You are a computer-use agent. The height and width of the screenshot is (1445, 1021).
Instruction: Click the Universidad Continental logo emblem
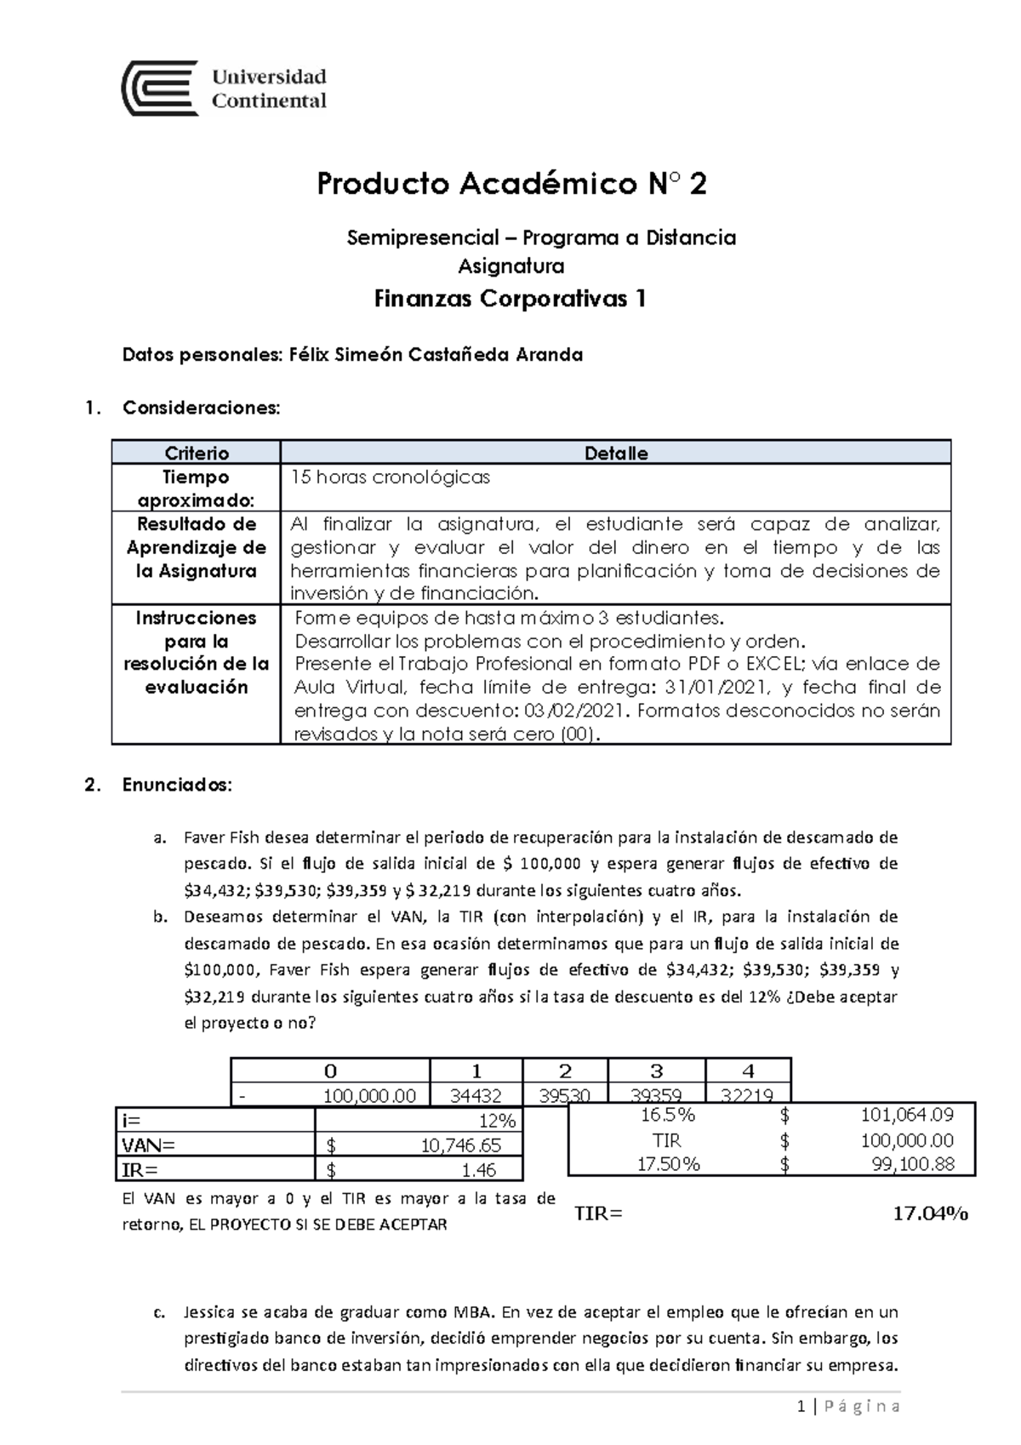160,88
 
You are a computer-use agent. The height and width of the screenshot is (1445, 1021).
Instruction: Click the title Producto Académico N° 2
510,184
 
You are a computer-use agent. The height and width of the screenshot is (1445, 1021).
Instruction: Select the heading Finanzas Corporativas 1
510,299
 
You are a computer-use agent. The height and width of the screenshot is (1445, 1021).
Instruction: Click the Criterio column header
197,453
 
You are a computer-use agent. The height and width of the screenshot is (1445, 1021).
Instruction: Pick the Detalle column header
616,453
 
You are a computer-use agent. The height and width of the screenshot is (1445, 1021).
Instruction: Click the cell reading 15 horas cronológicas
391,477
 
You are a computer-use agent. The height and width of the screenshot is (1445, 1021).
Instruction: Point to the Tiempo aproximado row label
197,488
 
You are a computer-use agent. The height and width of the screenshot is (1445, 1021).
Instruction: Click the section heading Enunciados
176,785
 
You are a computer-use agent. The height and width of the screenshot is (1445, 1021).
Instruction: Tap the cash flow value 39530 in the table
565,1096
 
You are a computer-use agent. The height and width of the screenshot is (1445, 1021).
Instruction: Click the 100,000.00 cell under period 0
369,1096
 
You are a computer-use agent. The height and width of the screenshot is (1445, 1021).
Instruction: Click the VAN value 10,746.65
460,1145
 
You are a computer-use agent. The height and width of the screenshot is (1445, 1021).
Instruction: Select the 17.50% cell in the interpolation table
668,1164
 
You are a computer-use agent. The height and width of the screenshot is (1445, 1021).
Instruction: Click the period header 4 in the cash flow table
748,1071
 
